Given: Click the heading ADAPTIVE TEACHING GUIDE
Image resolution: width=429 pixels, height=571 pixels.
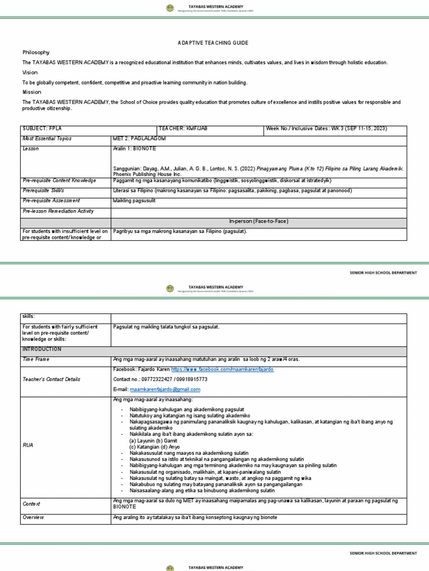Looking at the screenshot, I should coord(212,43).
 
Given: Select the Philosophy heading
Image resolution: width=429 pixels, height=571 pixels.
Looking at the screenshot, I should coord(36,52).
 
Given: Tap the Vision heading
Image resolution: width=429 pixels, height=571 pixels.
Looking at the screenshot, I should coord(30,72).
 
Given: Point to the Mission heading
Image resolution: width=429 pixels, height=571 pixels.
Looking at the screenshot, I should coord(32,92).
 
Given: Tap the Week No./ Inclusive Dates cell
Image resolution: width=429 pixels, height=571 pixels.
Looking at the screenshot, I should coord(327,129).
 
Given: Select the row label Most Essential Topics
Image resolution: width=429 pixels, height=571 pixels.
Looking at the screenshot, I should coord(47,139).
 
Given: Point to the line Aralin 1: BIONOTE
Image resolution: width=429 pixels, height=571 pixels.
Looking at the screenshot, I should coord(134,149).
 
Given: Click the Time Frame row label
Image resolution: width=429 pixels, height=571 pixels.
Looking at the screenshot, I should coord(36,360).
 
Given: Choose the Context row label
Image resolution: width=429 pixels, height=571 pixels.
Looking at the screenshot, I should coord(31,504).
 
